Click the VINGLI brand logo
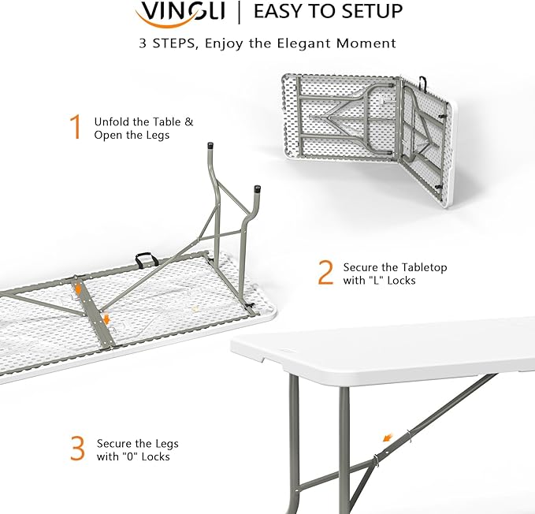[180, 12]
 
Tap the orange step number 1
[76, 127]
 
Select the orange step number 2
[325, 272]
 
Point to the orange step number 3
[76, 449]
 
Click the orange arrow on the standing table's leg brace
[386, 436]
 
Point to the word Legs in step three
[163, 444]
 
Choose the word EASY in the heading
[277, 11]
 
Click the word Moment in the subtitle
[369, 43]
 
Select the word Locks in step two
[401, 281]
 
